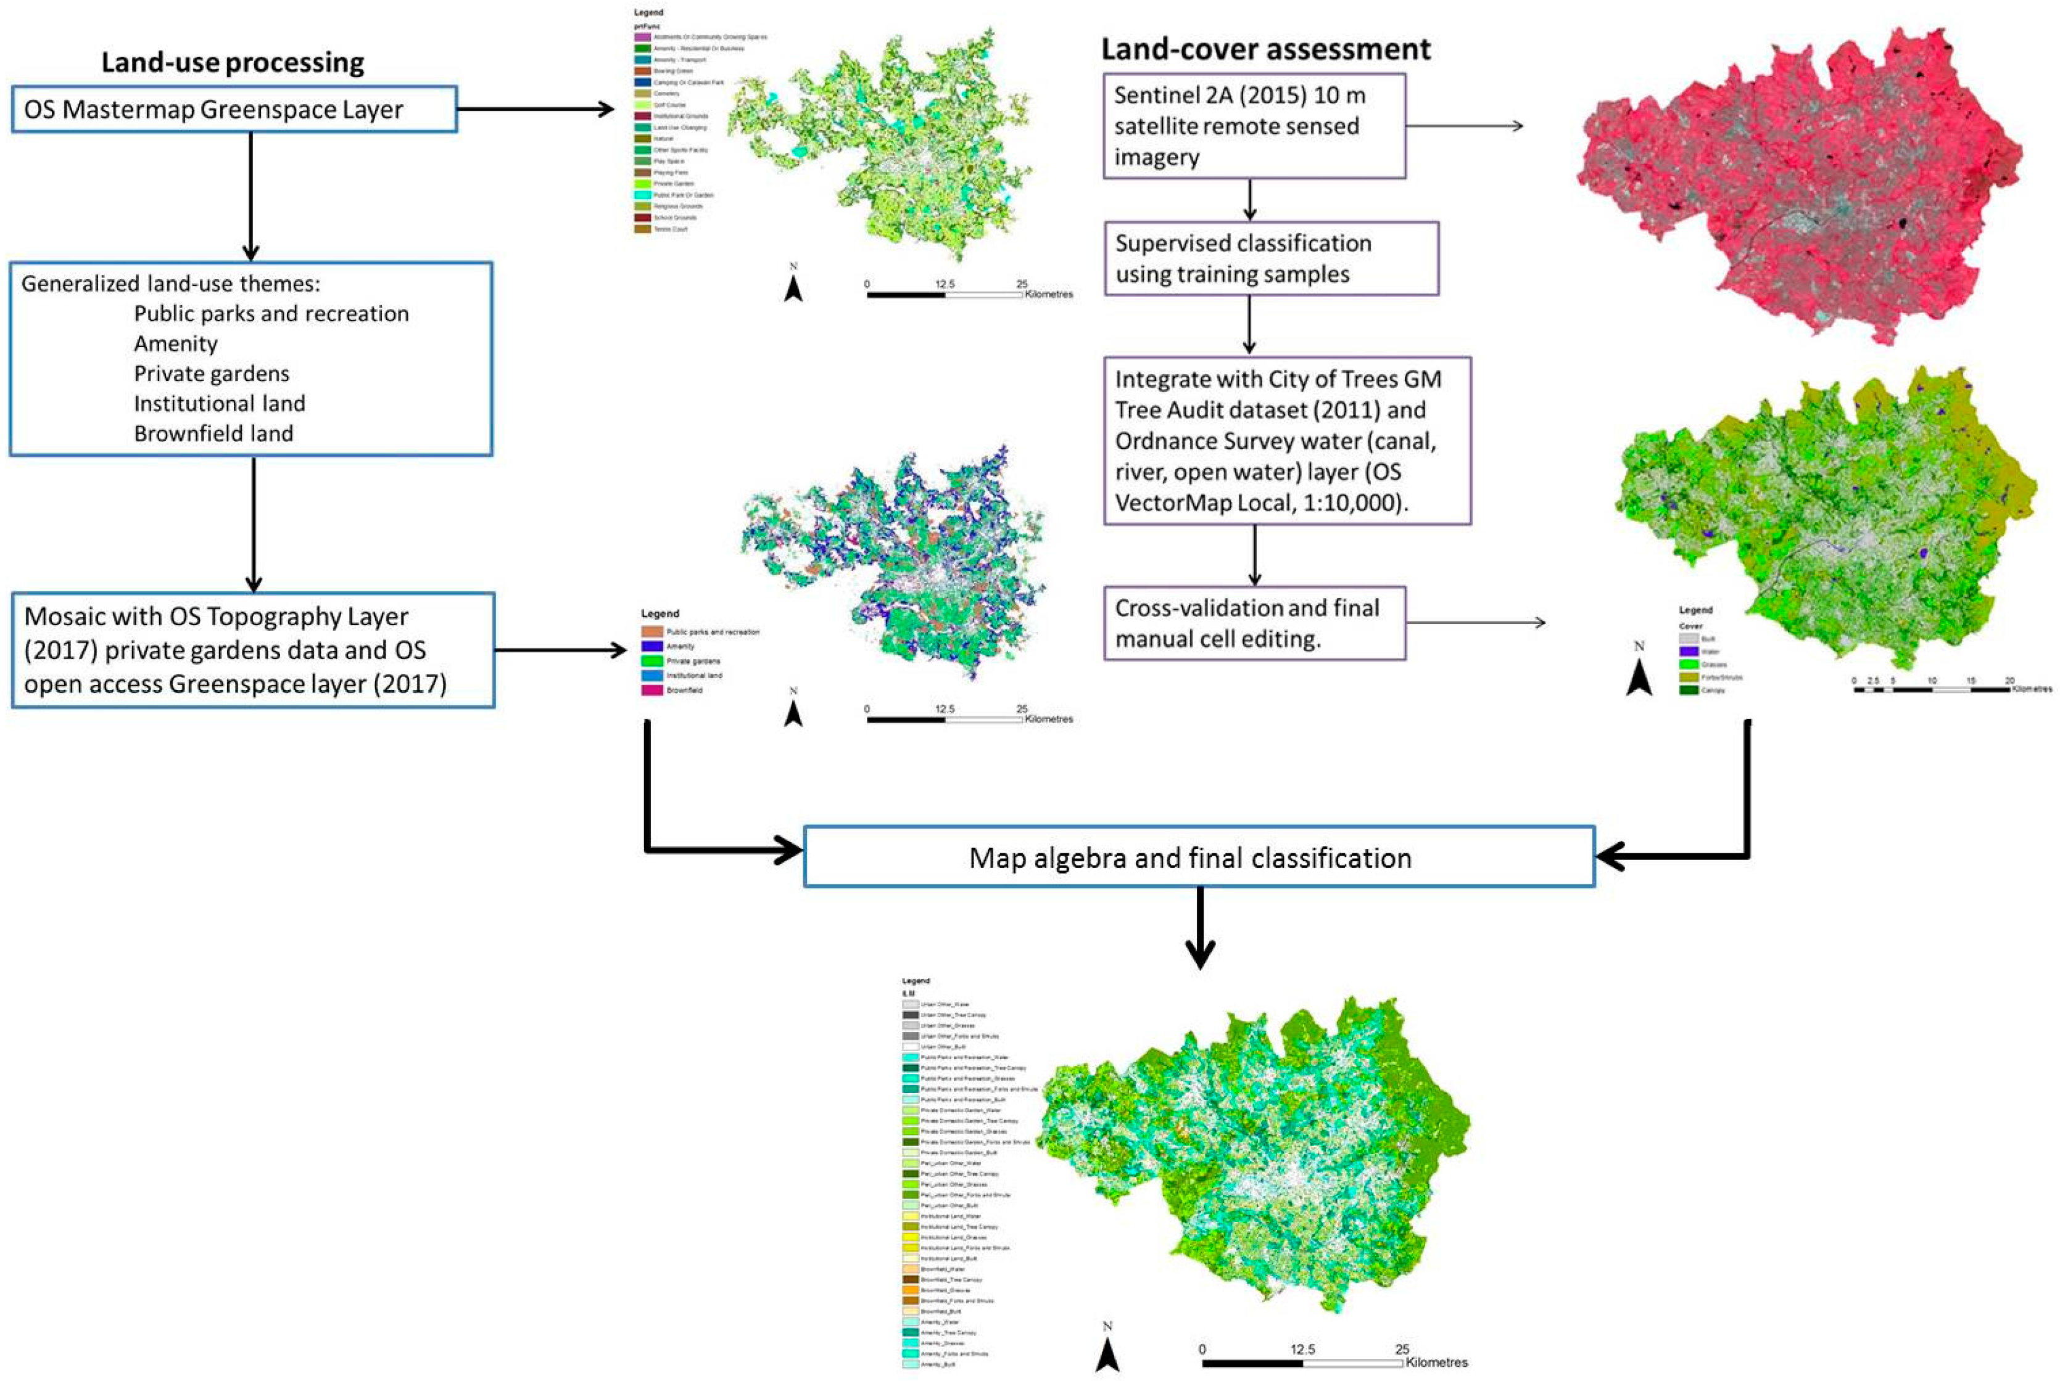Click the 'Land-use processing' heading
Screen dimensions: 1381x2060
click(233, 62)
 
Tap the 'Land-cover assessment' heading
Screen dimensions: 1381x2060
click(1265, 49)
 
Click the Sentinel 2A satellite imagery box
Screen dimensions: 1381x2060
click(1254, 126)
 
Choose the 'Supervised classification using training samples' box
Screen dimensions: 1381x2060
click(1270, 258)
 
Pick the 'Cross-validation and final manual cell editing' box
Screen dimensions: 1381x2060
click(1254, 623)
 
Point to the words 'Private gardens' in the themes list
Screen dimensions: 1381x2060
click(212, 374)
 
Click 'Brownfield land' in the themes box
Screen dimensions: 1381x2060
click(213, 433)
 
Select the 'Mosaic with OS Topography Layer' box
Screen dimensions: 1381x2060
click(253, 650)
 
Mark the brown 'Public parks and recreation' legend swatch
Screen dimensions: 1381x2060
click(652, 631)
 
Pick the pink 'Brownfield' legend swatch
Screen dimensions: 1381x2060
click(652, 690)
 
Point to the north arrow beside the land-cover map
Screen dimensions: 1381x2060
click(1639, 674)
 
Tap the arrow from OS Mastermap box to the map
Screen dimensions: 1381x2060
click(536, 109)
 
